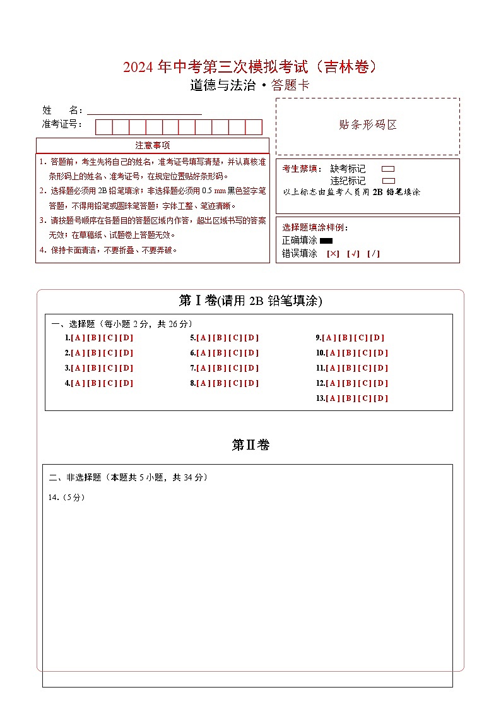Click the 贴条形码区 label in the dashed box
(x=368, y=125)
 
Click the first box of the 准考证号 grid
(x=103, y=127)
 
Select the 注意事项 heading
(x=152, y=146)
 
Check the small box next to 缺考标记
(x=389, y=169)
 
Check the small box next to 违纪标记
(x=389, y=181)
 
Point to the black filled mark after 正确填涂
(x=326, y=241)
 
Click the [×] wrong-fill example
(x=333, y=254)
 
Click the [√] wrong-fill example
(x=353, y=254)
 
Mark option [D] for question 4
(x=127, y=383)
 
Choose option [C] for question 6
(x=235, y=353)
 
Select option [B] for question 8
(x=219, y=383)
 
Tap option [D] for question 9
(x=378, y=338)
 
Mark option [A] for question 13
(x=333, y=398)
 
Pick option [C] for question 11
(x=365, y=368)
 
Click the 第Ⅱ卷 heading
(x=250, y=445)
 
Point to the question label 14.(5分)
(x=66, y=497)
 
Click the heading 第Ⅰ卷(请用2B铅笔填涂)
(x=250, y=301)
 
